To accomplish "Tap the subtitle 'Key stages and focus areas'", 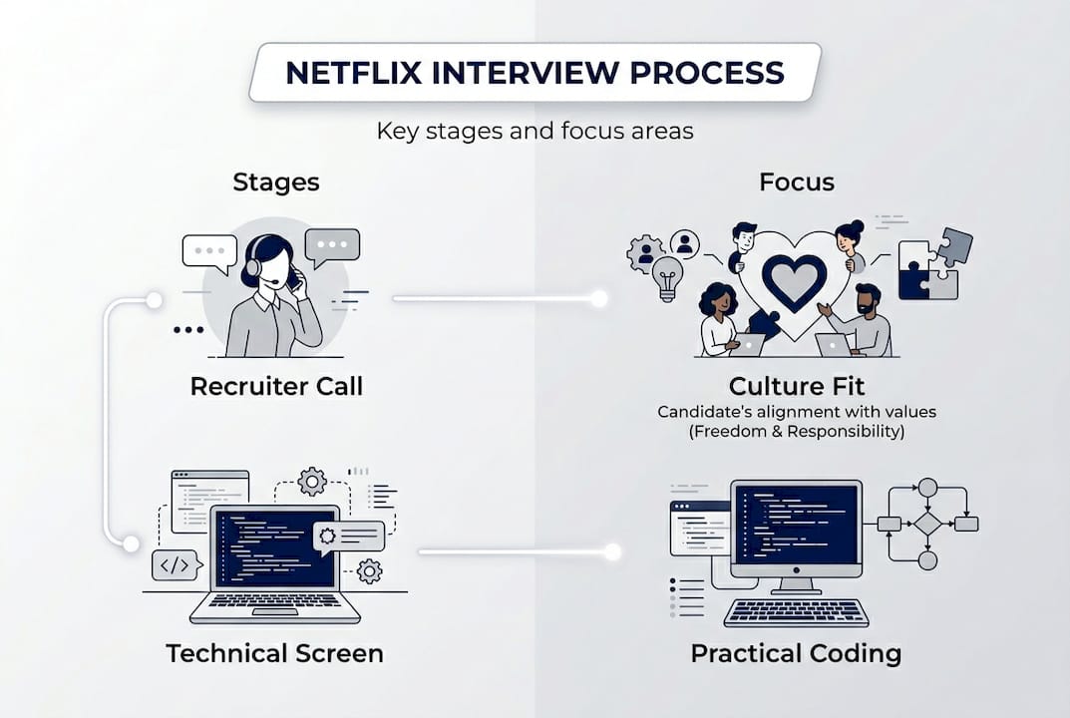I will point(535,131).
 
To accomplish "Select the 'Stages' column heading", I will point(276,181).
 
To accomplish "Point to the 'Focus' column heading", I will point(797,181).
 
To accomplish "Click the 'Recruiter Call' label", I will point(276,386).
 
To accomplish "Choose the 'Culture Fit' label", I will point(797,387).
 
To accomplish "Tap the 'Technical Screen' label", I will point(274,653).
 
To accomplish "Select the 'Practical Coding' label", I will point(796,653).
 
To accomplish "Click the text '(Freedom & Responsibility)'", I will point(797,431).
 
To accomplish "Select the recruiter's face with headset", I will point(275,265).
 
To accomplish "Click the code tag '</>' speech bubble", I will point(175,565).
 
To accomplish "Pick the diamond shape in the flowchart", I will point(927,524).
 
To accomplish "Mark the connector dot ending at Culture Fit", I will point(598,298).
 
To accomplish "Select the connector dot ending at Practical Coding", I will point(612,551).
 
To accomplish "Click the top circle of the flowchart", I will point(927,487).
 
